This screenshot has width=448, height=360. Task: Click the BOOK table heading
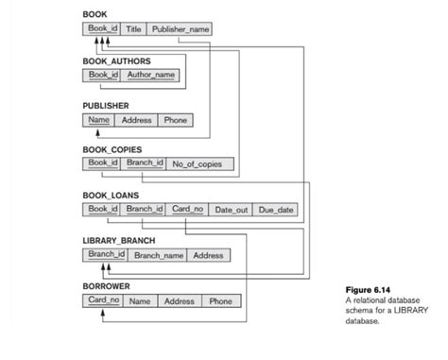click(95, 15)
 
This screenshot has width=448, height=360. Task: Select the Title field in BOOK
click(134, 29)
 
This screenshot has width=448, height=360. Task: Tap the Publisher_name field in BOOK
click(180, 29)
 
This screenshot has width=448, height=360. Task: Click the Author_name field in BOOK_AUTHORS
click(150, 75)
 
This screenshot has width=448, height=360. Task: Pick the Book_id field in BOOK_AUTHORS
click(103, 75)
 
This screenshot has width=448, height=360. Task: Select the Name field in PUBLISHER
click(99, 120)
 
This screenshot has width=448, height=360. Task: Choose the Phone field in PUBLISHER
click(175, 120)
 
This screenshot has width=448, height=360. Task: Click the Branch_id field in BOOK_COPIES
click(145, 163)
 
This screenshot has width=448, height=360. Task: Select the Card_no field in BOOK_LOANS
click(187, 209)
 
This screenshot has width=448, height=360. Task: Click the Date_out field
click(231, 209)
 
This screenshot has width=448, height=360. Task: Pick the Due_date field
click(277, 209)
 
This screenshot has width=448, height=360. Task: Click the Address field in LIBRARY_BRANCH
click(208, 255)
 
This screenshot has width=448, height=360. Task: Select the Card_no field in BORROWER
click(103, 301)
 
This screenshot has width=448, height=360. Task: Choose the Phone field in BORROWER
click(220, 301)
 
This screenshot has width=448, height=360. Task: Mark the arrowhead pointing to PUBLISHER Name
click(98, 132)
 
